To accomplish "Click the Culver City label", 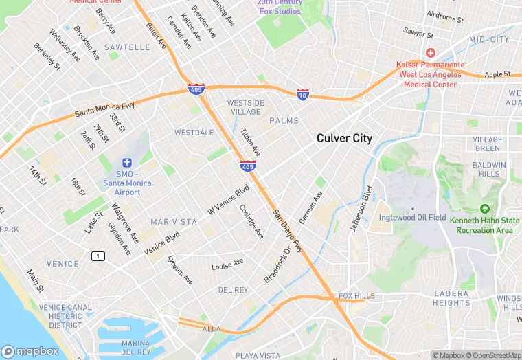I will click(344, 138).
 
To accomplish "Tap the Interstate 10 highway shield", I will click(302, 94).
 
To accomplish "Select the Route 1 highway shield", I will click(98, 256).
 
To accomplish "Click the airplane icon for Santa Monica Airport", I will click(126, 163).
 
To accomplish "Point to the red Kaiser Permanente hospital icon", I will click(431, 53).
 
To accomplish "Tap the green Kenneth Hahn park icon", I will click(485, 209).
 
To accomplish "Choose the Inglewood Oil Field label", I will click(412, 218).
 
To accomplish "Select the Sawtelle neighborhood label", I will click(127, 47).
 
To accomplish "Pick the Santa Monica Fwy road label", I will click(105, 109).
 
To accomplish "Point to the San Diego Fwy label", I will click(288, 230).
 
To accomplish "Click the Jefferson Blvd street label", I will click(361, 208).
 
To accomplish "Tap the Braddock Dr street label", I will click(278, 261).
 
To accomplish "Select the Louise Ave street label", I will click(227, 265).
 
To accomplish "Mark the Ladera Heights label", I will click(451, 298).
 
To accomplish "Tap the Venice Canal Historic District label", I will click(65, 316).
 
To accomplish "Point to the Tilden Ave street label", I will click(250, 139).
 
